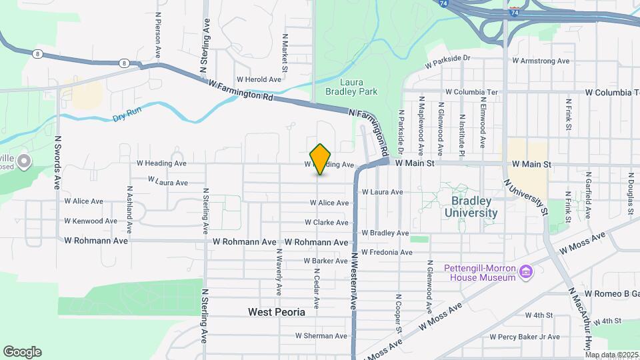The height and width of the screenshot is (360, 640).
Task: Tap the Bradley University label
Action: point(474,207)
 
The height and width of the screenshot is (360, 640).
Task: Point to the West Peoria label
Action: point(276,312)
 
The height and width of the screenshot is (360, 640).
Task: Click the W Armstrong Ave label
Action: point(541,61)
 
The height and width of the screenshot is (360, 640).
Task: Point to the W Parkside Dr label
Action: point(447,59)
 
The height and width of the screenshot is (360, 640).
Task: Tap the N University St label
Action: point(526,197)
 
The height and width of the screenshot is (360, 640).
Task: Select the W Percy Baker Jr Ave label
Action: point(525,337)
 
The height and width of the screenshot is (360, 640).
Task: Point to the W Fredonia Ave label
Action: point(387,252)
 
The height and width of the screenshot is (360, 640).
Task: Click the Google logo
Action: point(22,352)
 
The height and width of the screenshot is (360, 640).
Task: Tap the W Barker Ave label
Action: point(326,261)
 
